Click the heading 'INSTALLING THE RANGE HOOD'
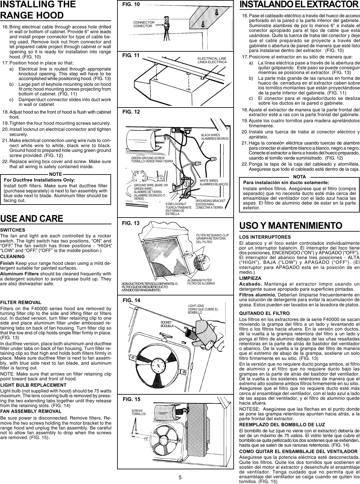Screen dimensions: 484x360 (x=38, y=10)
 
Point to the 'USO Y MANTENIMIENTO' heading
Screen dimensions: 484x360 (x=291, y=225)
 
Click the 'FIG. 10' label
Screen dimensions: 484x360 (x=131, y=4)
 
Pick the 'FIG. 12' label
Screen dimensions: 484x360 (x=131, y=112)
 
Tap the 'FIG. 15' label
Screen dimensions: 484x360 (x=131, y=399)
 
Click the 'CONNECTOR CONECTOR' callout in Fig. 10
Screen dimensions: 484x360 (x=144, y=24)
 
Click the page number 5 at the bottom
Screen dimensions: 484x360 (x=180, y=477)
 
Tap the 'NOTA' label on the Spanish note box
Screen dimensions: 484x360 (x=299, y=177)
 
